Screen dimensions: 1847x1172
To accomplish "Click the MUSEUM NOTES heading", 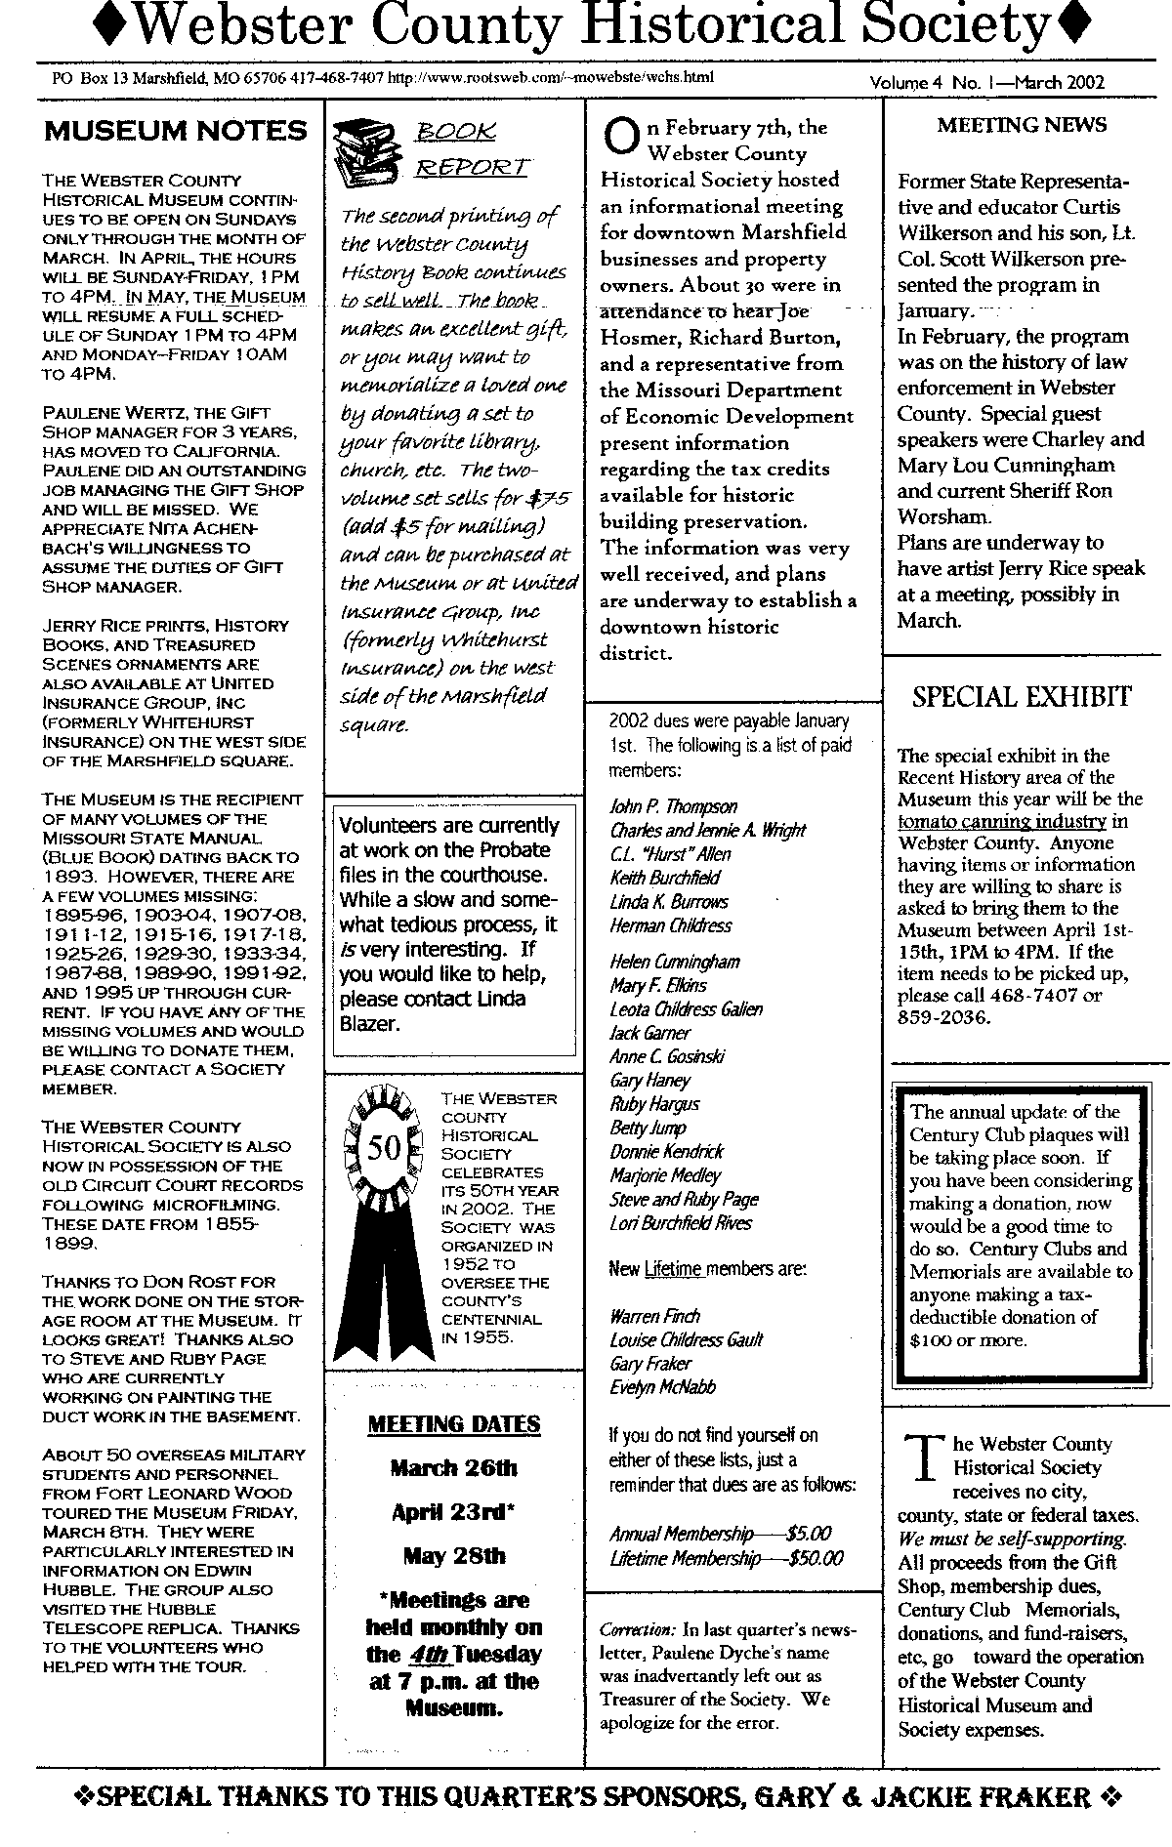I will coord(175,132).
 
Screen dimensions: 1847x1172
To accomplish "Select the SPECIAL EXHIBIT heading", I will coord(1022,697).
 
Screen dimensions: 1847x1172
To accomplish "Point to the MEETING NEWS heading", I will coord(1022,125).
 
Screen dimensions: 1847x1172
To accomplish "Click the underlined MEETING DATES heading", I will coord(453,1424).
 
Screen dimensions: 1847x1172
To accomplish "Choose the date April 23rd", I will coord(453,1512).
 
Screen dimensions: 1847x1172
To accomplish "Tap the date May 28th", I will coord(453,1555).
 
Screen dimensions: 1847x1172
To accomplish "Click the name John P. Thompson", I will coord(673,806).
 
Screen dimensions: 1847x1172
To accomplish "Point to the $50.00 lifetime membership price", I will coord(816,1559).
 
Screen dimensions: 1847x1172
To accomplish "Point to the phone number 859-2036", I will coord(944,1017).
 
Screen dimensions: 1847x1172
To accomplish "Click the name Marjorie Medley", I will coord(665,1175).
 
